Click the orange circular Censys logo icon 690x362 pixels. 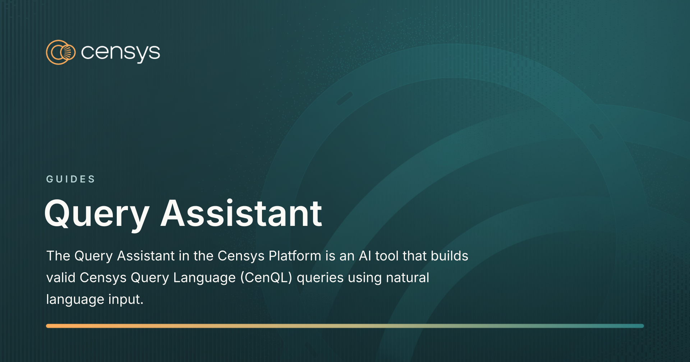coord(60,52)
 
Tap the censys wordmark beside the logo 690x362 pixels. coord(120,53)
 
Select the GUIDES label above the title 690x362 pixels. coord(70,179)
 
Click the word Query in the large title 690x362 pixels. coord(97,214)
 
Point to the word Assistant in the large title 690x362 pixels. coord(241,214)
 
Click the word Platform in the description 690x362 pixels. coord(295,256)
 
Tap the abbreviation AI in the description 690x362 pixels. coord(365,256)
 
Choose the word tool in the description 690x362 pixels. coord(387,256)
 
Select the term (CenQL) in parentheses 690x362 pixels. coord(266,278)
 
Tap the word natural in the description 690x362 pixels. coord(408,278)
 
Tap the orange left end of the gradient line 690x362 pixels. coord(50,326)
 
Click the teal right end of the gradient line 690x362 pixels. coord(640,326)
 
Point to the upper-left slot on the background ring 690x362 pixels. coord(345,98)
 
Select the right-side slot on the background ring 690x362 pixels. coord(596,132)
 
